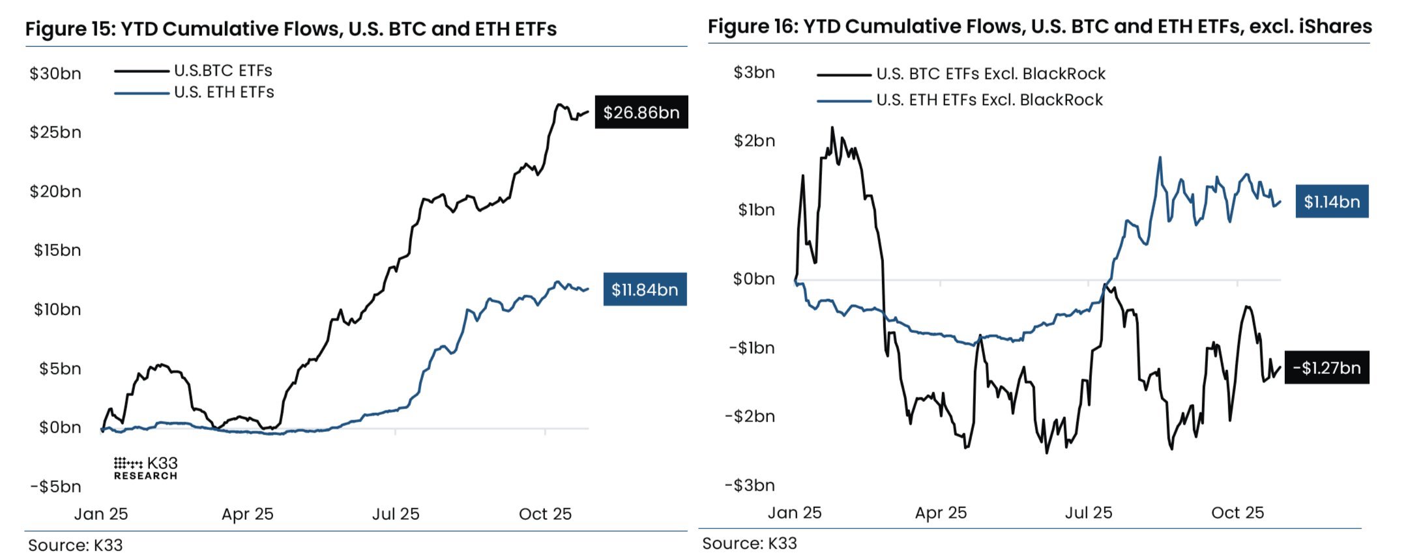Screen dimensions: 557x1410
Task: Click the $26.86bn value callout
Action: pyautogui.click(x=641, y=113)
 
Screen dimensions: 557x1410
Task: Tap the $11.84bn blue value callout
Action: pyautogui.click(x=645, y=290)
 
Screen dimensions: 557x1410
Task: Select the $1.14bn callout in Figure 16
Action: pyautogui.click(x=1331, y=202)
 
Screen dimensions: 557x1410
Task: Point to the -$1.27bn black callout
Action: pyautogui.click(x=1326, y=368)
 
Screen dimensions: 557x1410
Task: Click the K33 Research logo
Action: pyautogui.click(x=145, y=468)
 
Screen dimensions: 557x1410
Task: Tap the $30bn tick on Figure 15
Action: pyautogui.click(x=55, y=74)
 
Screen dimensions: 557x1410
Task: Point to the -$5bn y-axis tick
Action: pyautogui.click(x=55, y=487)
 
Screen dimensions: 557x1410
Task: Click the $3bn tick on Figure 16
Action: pyautogui.click(x=754, y=72)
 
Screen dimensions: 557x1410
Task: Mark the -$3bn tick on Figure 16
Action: pyautogui.click(x=750, y=485)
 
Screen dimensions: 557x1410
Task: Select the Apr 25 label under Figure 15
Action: pyautogui.click(x=247, y=514)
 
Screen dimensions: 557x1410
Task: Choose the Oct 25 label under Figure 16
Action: pyautogui.click(x=1237, y=513)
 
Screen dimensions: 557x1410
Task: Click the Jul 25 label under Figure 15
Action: pyautogui.click(x=396, y=514)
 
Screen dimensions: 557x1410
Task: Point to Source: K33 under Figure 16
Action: pyautogui.click(x=749, y=543)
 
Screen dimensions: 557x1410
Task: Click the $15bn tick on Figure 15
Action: pyautogui.click(x=57, y=250)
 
